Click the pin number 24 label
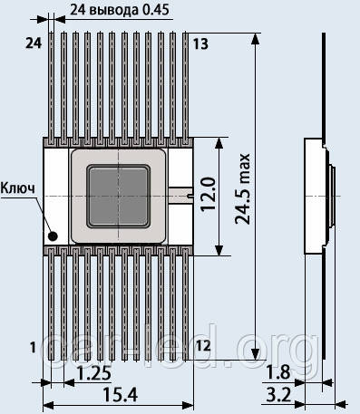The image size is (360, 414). tap(34, 43)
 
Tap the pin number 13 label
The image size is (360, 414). tap(200, 44)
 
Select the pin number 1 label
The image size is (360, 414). tap(34, 348)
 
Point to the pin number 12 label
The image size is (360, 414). tap(203, 346)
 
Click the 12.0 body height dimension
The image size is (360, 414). tap(209, 194)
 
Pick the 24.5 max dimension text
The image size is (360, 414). tap(243, 188)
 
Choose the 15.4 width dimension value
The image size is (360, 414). tap(121, 394)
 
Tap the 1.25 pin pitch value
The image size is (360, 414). tap(94, 373)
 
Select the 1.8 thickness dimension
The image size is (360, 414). tap(278, 372)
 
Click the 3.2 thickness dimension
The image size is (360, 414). tap(278, 395)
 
